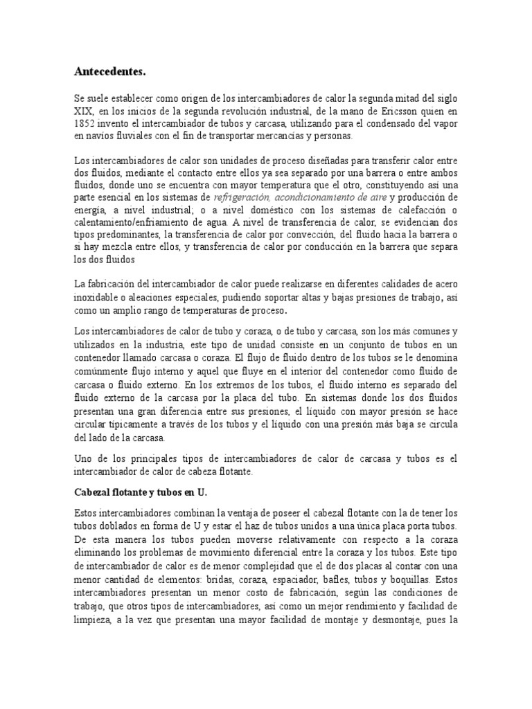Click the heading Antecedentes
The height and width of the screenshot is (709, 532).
tap(111, 71)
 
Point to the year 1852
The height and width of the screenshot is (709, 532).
tap(86, 124)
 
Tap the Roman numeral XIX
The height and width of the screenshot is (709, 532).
tap(83, 111)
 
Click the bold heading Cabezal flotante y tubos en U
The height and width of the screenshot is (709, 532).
tap(140, 492)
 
